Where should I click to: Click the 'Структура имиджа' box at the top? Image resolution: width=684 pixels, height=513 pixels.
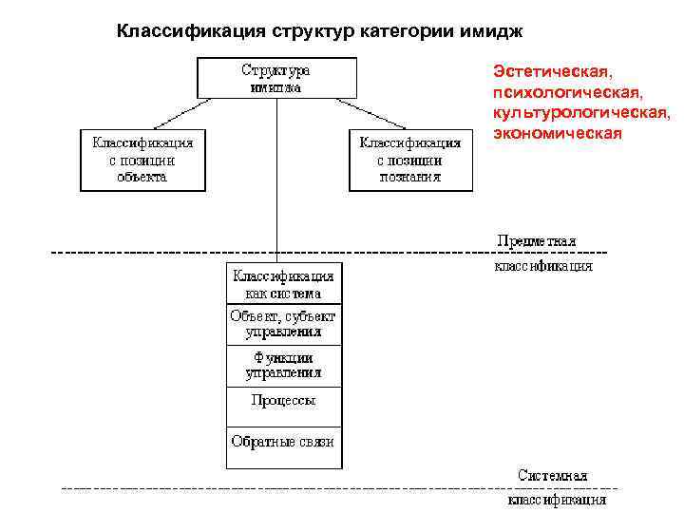276,79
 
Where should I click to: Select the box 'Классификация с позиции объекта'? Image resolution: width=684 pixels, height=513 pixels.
142,160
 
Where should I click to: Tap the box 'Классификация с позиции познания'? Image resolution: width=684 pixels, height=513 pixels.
410,160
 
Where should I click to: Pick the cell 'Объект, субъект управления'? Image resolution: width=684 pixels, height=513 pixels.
284,324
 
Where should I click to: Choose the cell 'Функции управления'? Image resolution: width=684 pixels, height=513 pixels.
284,366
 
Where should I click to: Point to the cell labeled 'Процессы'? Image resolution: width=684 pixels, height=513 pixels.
284,401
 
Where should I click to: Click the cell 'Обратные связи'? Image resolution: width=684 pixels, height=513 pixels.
284,442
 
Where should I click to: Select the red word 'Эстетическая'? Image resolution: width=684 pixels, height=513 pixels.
551,72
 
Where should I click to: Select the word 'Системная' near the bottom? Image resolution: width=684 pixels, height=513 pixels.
553,476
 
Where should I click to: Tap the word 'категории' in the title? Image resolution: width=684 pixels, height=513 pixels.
404,32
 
